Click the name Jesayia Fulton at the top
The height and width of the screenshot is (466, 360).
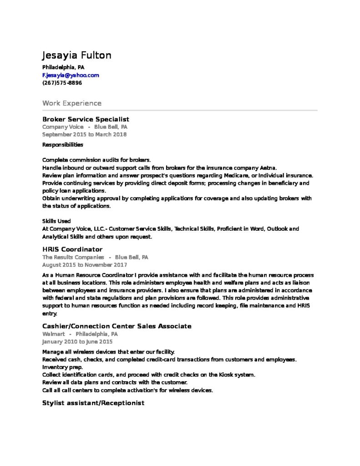(x=76, y=56)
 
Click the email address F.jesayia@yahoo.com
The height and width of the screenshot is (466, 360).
(x=71, y=75)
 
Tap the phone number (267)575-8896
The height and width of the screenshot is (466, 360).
(x=62, y=83)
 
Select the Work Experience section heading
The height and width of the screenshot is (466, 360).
(x=72, y=103)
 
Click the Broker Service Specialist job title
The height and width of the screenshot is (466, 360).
(x=86, y=119)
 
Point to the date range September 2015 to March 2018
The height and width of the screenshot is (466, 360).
(x=84, y=134)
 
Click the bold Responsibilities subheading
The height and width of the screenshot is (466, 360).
(x=63, y=145)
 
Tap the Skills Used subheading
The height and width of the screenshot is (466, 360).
(x=56, y=221)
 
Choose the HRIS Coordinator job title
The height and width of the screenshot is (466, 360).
(x=72, y=249)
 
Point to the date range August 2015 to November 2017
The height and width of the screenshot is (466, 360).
(x=85, y=264)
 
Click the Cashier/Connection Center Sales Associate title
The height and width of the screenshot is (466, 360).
(x=117, y=326)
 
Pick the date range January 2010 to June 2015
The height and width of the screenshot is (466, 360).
(x=77, y=341)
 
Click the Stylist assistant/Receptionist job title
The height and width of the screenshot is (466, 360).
(x=93, y=403)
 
